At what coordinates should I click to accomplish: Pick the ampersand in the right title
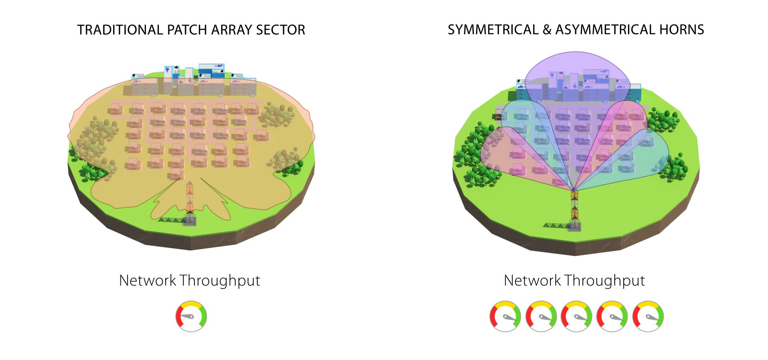547,30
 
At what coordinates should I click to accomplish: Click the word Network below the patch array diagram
148,281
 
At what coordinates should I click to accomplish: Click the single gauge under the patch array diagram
191,316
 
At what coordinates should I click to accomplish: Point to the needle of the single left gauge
187,316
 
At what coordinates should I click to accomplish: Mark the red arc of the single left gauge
178,316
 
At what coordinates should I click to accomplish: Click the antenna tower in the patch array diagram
190,200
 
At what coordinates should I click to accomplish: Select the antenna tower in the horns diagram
574,208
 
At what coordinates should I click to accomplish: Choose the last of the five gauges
648,316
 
